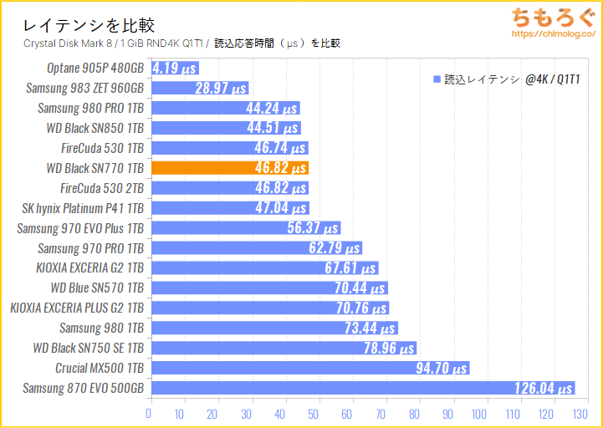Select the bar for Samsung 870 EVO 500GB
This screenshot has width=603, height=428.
coord(361,388)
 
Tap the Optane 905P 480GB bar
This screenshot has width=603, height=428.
coord(173,68)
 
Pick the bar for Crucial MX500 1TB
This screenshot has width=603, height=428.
coord(309,368)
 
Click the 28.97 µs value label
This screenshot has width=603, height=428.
coord(220,88)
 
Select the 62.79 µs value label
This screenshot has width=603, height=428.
coord(334,248)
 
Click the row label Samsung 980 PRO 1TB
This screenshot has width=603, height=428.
coord(90,108)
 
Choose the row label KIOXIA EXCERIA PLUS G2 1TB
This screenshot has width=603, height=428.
coord(77,308)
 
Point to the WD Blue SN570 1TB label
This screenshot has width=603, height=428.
coord(97,288)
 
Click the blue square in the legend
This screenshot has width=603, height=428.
coord(436,79)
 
